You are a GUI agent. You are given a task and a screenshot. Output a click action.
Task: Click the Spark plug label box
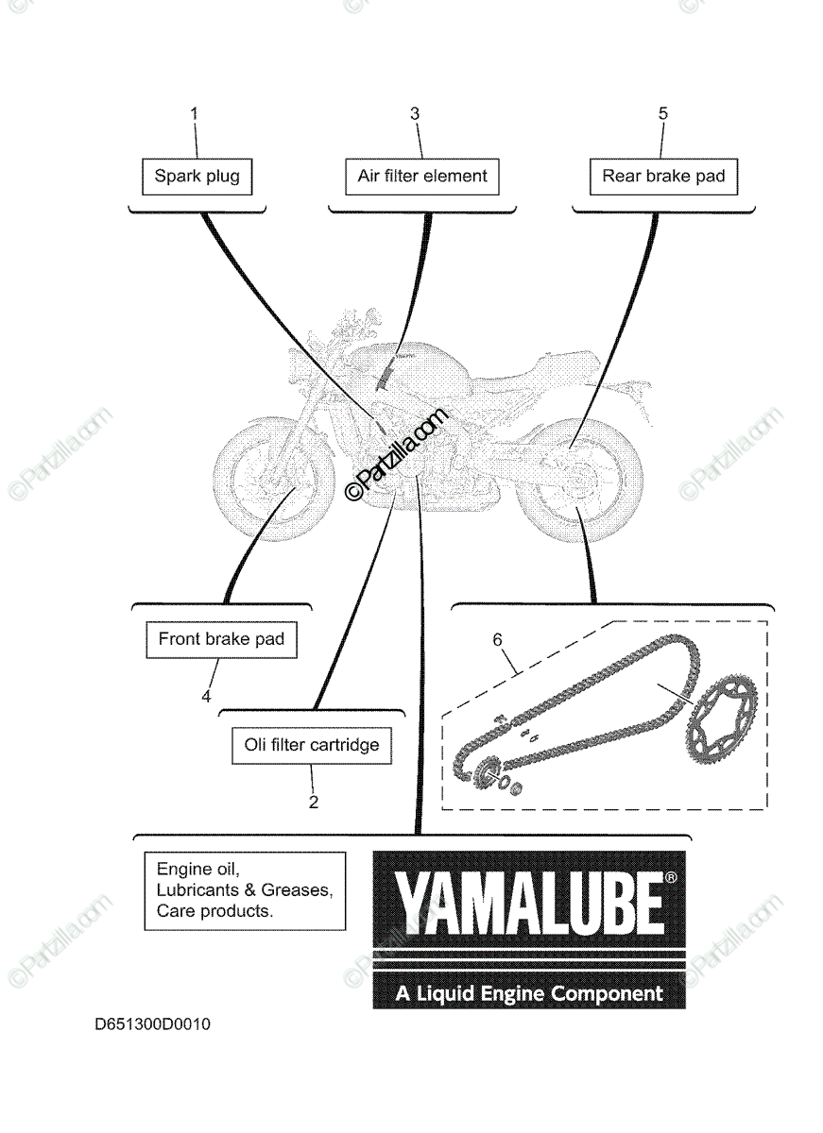(x=197, y=176)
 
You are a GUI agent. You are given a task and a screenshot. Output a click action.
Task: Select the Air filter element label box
(x=421, y=176)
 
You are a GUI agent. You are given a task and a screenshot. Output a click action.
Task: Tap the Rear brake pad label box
(x=663, y=176)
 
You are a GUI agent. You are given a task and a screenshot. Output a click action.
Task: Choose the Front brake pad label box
(x=221, y=639)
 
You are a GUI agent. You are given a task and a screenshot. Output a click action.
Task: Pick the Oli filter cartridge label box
(x=312, y=745)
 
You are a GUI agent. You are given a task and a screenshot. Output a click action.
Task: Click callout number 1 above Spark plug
(x=195, y=113)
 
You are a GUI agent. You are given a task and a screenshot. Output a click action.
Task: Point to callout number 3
(x=414, y=113)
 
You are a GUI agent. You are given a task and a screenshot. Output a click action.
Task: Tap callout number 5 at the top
(x=662, y=113)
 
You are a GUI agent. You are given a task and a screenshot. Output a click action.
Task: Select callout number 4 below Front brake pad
(x=205, y=697)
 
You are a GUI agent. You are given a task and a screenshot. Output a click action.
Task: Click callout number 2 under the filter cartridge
(x=314, y=803)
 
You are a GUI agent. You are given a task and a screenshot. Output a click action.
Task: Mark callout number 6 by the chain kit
(x=497, y=640)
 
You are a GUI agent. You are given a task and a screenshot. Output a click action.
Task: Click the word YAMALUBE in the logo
(x=528, y=903)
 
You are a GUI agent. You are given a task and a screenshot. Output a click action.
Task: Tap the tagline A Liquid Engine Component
(x=528, y=993)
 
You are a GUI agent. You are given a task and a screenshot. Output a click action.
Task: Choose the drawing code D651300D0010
(x=152, y=1024)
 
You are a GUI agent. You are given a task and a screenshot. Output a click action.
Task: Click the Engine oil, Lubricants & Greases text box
(x=245, y=890)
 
